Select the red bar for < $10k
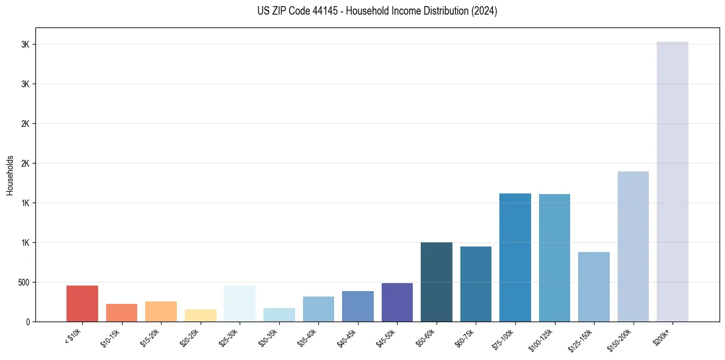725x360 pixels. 82,303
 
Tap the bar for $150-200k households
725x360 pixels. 633,247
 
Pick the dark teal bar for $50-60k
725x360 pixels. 437,282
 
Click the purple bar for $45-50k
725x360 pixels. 397,302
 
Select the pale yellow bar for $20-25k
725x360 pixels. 201,315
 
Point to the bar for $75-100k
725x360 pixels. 515,257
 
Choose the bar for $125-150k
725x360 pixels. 594,287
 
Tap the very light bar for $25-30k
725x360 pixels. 240,303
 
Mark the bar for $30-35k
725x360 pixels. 279,314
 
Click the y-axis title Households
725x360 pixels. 10,175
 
